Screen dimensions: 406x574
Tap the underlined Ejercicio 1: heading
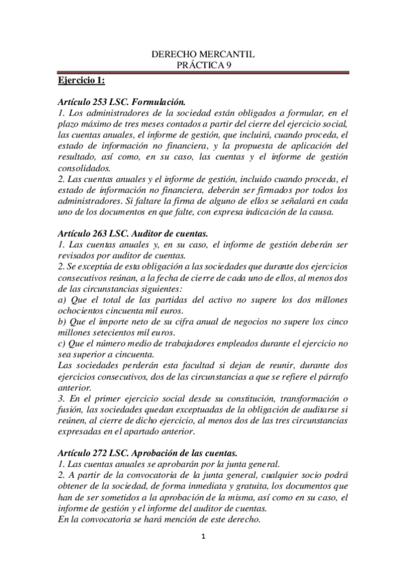(81, 81)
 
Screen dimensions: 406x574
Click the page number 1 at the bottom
(203, 538)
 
